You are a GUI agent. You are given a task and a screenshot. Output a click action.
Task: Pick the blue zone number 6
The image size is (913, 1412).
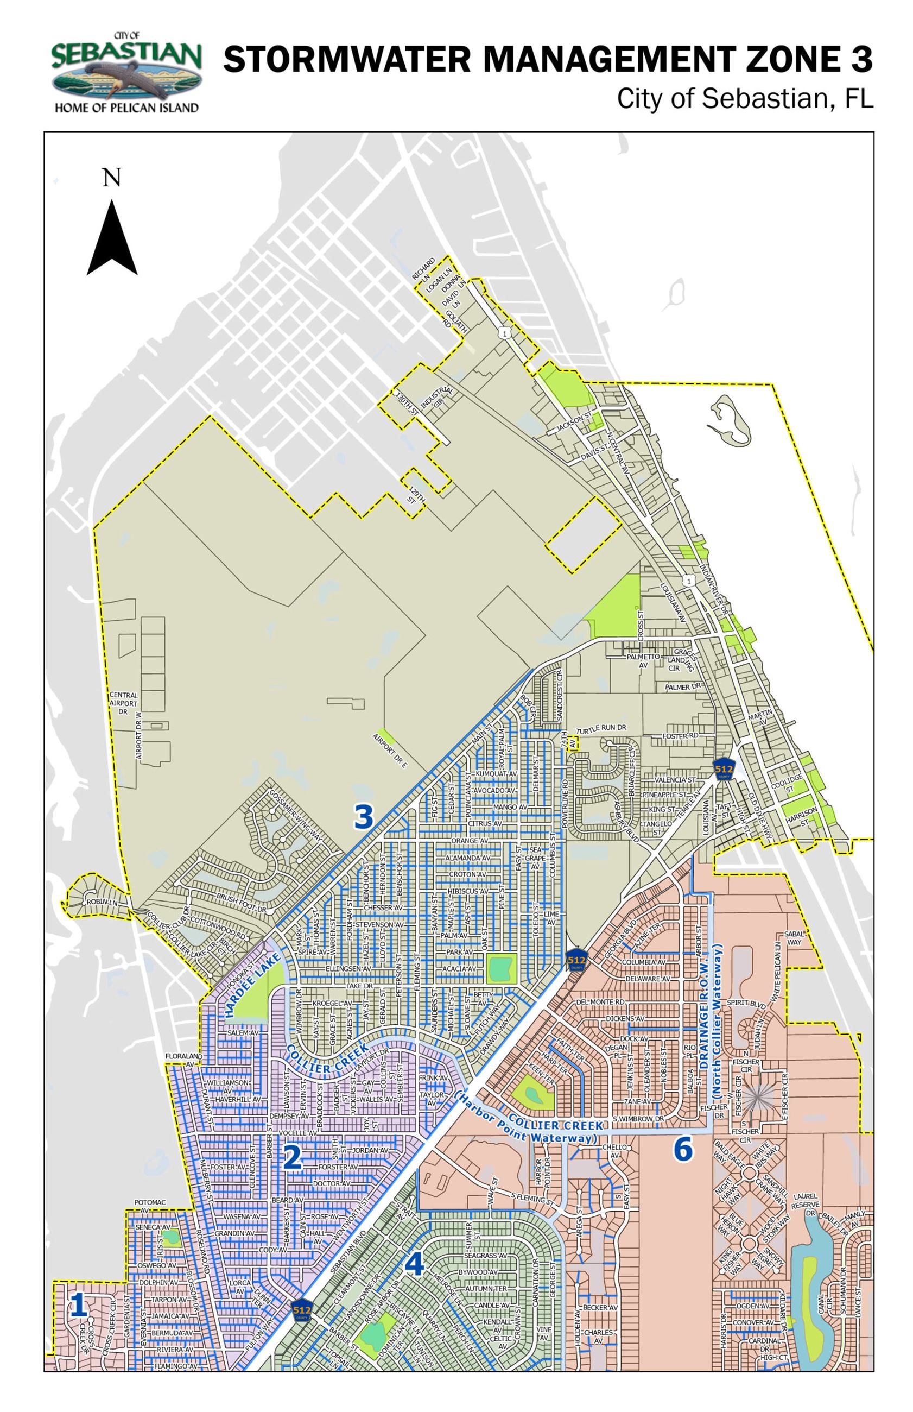pos(682,1150)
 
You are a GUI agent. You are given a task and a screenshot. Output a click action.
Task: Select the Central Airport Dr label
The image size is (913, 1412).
pos(123,703)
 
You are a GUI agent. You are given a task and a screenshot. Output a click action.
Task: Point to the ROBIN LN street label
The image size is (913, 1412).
pos(102,902)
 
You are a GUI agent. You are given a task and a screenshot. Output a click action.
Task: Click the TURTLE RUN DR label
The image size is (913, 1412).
pos(602,729)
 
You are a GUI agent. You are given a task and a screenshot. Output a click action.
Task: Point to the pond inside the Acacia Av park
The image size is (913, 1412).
pos(501,969)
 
